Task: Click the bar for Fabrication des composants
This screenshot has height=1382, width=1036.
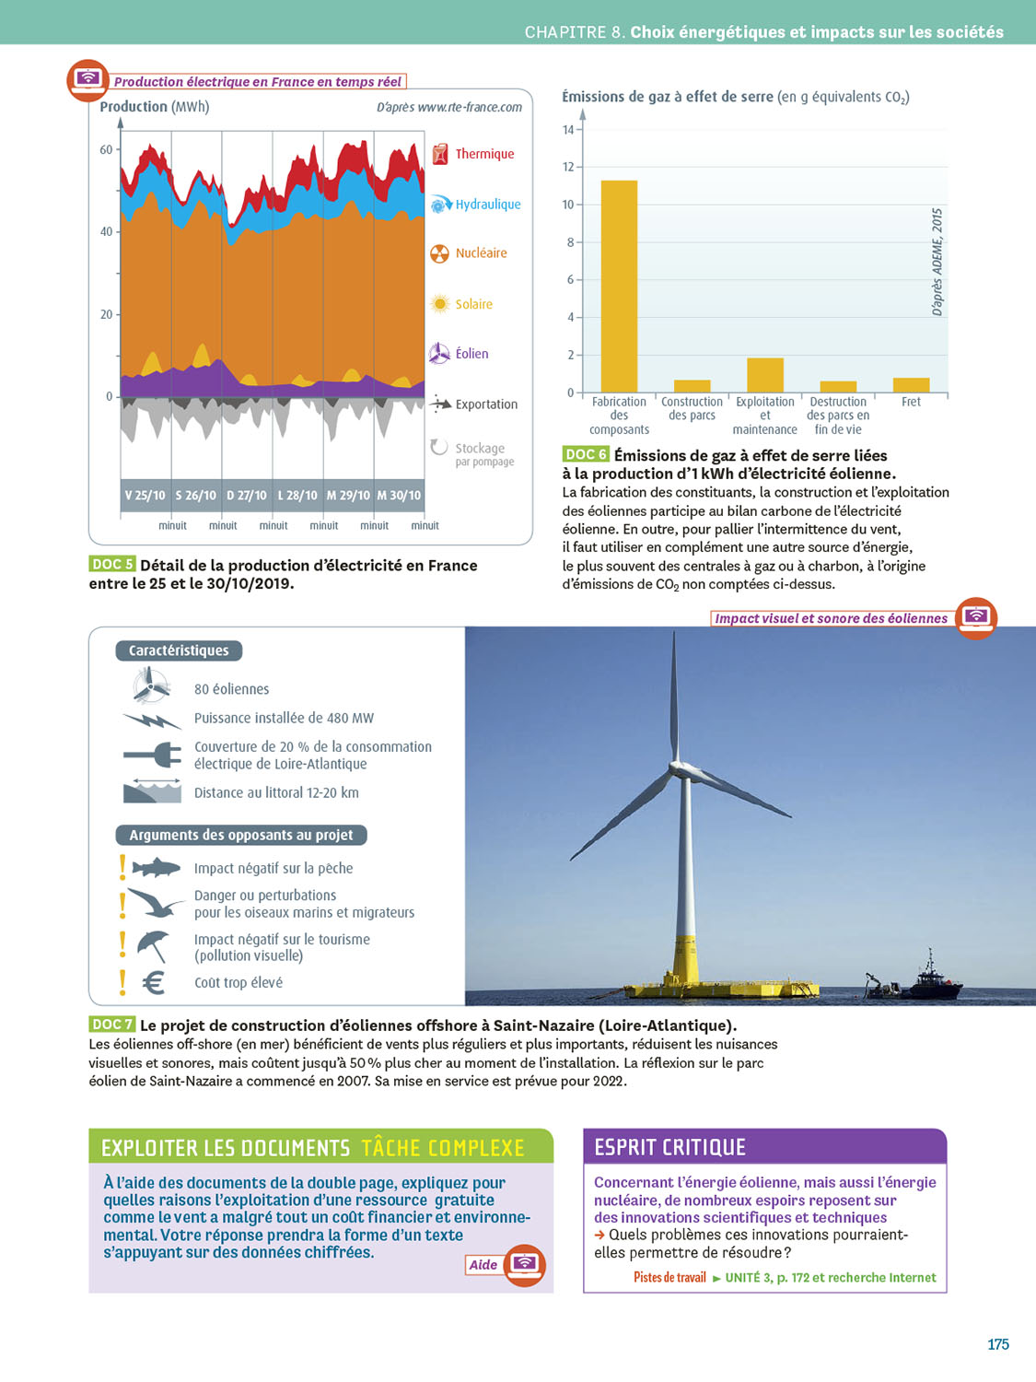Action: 619,286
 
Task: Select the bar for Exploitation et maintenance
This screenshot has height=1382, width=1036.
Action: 764,375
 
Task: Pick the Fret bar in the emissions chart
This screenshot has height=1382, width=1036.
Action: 911,385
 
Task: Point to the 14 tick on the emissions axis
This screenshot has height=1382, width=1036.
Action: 568,130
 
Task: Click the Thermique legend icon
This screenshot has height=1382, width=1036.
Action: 440,154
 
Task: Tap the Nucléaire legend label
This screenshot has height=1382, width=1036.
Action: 481,253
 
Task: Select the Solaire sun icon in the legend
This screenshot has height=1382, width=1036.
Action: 440,304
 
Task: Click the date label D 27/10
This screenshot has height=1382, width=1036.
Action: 247,496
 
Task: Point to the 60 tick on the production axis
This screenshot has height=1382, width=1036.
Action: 107,149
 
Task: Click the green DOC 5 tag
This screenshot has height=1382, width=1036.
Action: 112,565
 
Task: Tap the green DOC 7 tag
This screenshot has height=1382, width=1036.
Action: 112,1025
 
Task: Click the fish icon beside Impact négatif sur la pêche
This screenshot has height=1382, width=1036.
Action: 155,868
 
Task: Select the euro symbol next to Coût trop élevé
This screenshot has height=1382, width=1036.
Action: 154,983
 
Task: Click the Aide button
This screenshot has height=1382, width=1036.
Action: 483,1265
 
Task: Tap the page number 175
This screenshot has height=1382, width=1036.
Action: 998,1344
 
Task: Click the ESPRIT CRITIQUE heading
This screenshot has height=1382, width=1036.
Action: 669,1147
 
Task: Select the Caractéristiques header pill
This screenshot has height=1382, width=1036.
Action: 179,650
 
